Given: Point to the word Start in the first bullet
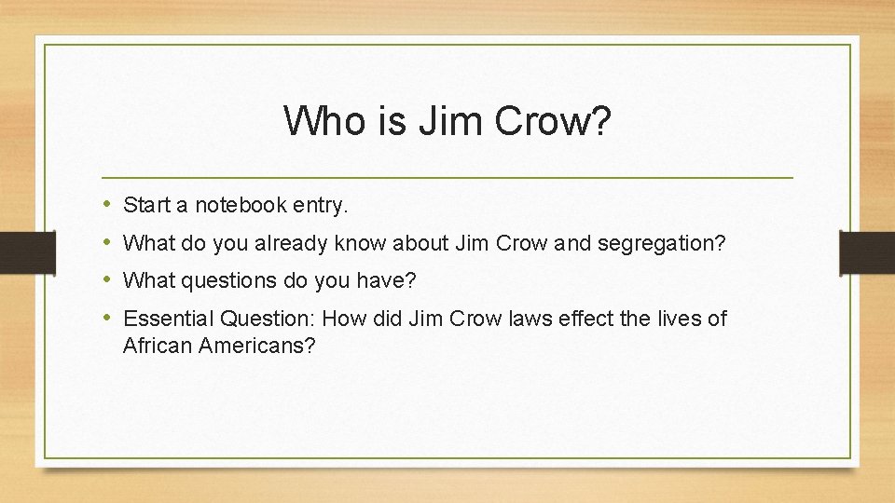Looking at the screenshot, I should pos(145,204).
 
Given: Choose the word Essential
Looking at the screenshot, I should pos(164,319).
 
